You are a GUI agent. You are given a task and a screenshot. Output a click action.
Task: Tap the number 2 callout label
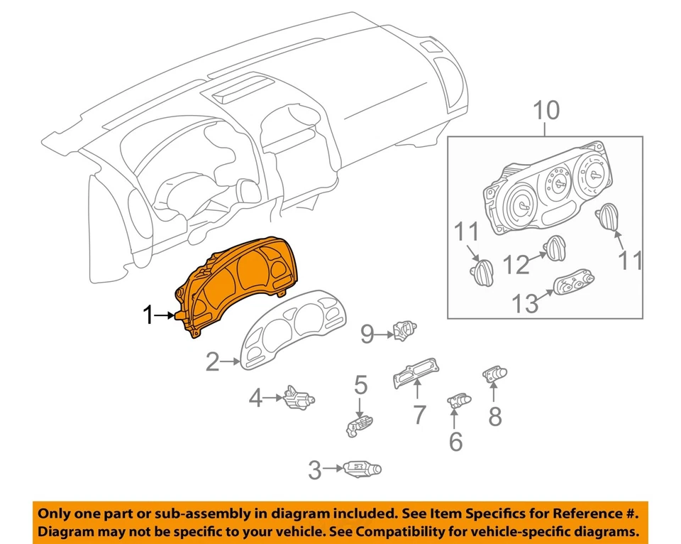click(212, 363)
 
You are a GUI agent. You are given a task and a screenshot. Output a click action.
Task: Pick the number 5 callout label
click(360, 386)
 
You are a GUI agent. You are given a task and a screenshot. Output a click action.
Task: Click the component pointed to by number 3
click(362, 469)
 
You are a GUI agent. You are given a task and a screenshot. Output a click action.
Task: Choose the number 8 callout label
click(494, 416)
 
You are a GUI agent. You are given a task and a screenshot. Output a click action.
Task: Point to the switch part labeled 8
click(495, 374)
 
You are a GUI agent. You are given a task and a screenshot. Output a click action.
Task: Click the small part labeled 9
click(404, 330)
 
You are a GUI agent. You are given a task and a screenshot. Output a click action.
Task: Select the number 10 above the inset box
click(546, 110)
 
